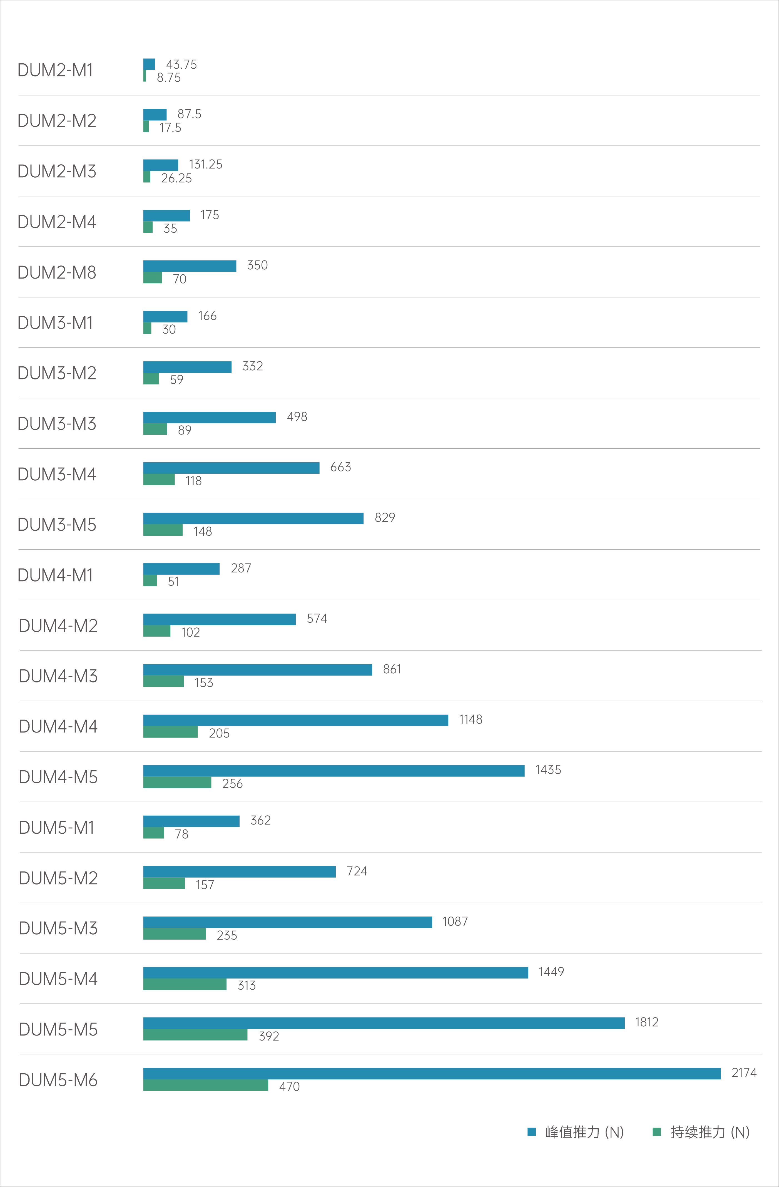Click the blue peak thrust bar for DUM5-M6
coord(432,1073)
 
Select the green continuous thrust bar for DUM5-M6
coord(205,1085)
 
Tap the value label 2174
coord(744,1073)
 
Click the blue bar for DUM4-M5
coord(334,771)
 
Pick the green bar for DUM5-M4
coord(185,984)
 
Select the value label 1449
coord(551,972)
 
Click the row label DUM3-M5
coord(57,525)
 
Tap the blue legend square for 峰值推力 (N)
coord(532,1132)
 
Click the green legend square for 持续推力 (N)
coord(657,1132)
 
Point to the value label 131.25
coord(205,164)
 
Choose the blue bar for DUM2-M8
coord(190,266)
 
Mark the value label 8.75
coord(169,77)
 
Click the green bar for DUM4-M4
coord(171,732)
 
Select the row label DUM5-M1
coord(56,827)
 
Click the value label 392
coord(269,1036)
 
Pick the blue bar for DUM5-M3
coord(288,922)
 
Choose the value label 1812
coord(647,1022)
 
